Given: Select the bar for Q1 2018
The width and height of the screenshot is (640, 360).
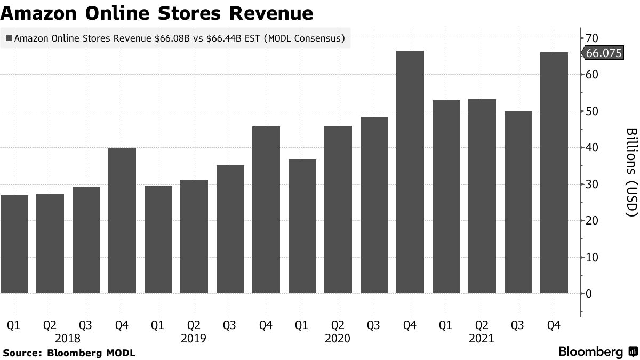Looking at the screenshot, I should coord(14,244).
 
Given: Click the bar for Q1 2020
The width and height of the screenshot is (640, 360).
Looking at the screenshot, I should coord(302,226).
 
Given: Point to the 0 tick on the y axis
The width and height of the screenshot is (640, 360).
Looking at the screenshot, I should coord(589,293).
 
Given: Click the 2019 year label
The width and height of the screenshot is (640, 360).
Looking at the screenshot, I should coord(194,338).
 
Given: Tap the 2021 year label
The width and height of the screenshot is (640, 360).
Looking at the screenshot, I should coord(482,338).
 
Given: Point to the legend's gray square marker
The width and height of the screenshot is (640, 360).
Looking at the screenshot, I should coord(9,38).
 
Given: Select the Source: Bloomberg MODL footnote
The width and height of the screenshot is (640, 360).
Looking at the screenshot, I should coord(69,353).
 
